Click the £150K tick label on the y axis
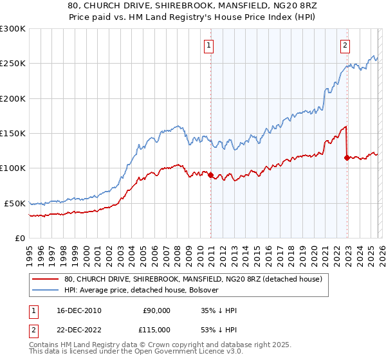tap(13, 133)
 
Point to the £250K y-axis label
tap(13, 64)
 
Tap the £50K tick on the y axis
tap(15, 203)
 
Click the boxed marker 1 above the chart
tap(210, 45)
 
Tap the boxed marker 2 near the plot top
tap(345, 45)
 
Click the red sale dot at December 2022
tap(347, 157)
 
